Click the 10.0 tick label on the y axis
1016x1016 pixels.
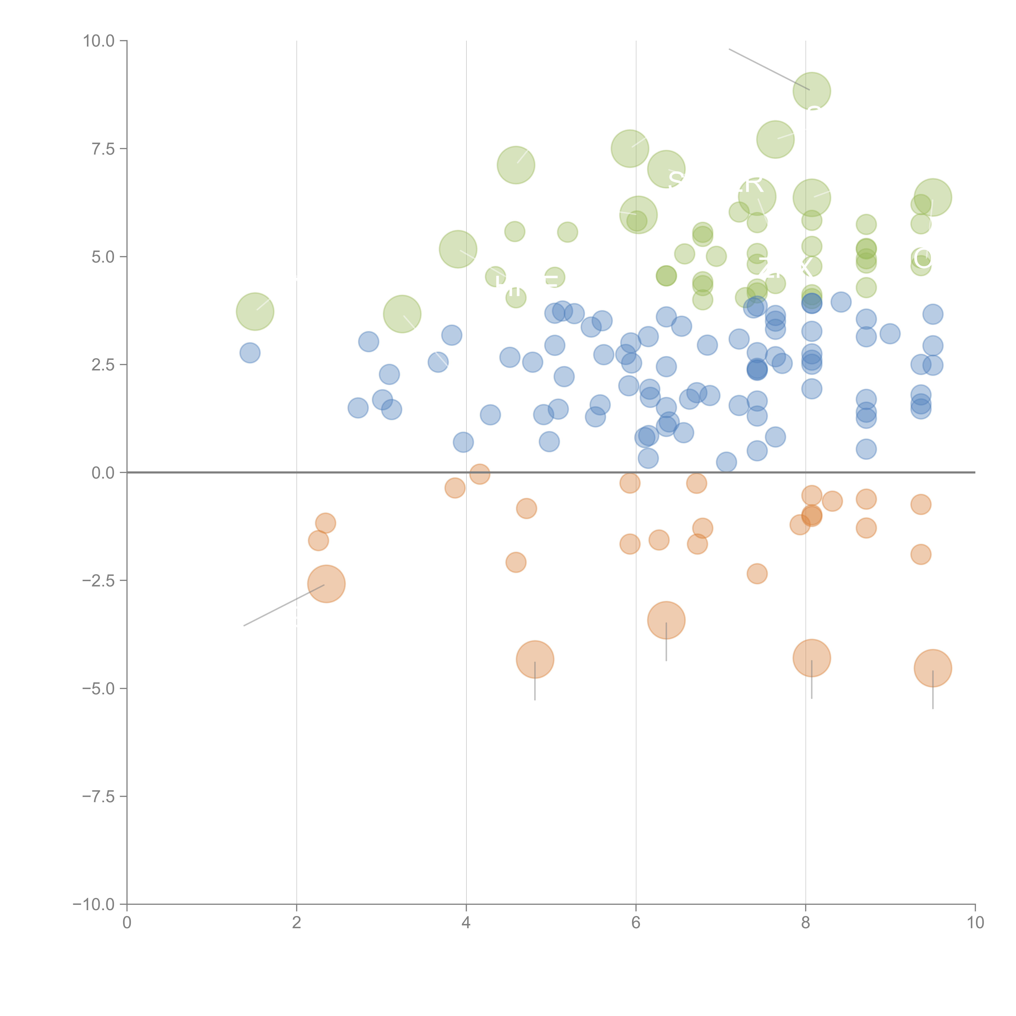[99, 41]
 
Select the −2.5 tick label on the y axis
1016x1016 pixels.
[99, 581]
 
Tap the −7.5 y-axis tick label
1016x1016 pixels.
[99, 796]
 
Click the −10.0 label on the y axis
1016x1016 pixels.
[95, 904]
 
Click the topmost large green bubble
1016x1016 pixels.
[811, 91]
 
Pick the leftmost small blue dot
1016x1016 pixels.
[250, 353]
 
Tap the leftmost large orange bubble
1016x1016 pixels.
[326, 584]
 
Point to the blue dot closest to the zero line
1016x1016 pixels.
[726, 462]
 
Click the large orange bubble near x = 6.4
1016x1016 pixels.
[666, 620]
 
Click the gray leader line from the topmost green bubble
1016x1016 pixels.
[768, 69]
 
